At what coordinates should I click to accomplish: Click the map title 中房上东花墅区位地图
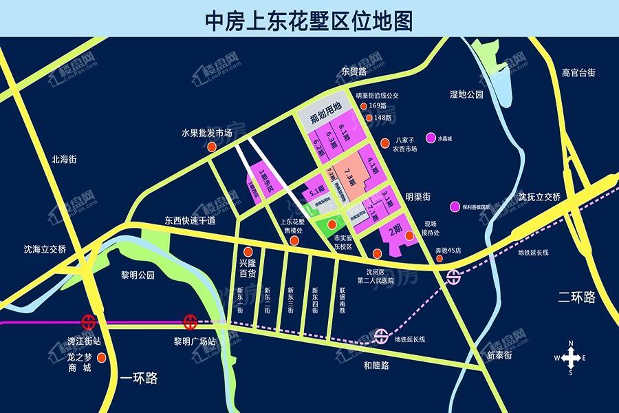pyautogui.click(x=309, y=20)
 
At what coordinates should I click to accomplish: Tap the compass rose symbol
pyautogui.click(x=570, y=357)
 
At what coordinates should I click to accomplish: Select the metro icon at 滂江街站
pyautogui.click(x=88, y=321)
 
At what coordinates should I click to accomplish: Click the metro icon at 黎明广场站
pyautogui.click(x=189, y=321)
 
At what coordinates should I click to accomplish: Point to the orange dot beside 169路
pyautogui.click(x=364, y=107)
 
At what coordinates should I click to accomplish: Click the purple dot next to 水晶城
pyautogui.click(x=431, y=138)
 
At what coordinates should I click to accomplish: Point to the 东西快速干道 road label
pyautogui.click(x=189, y=221)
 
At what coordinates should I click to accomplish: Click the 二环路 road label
pyautogui.click(x=576, y=297)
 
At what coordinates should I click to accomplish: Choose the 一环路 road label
pyautogui.click(x=139, y=378)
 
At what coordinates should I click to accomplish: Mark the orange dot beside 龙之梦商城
pyautogui.click(x=102, y=358)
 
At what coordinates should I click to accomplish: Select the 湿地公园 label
pyautogui.click(x=467, y=94)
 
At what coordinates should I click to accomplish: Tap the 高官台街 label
pyautogui.click(x=578, y=72)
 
